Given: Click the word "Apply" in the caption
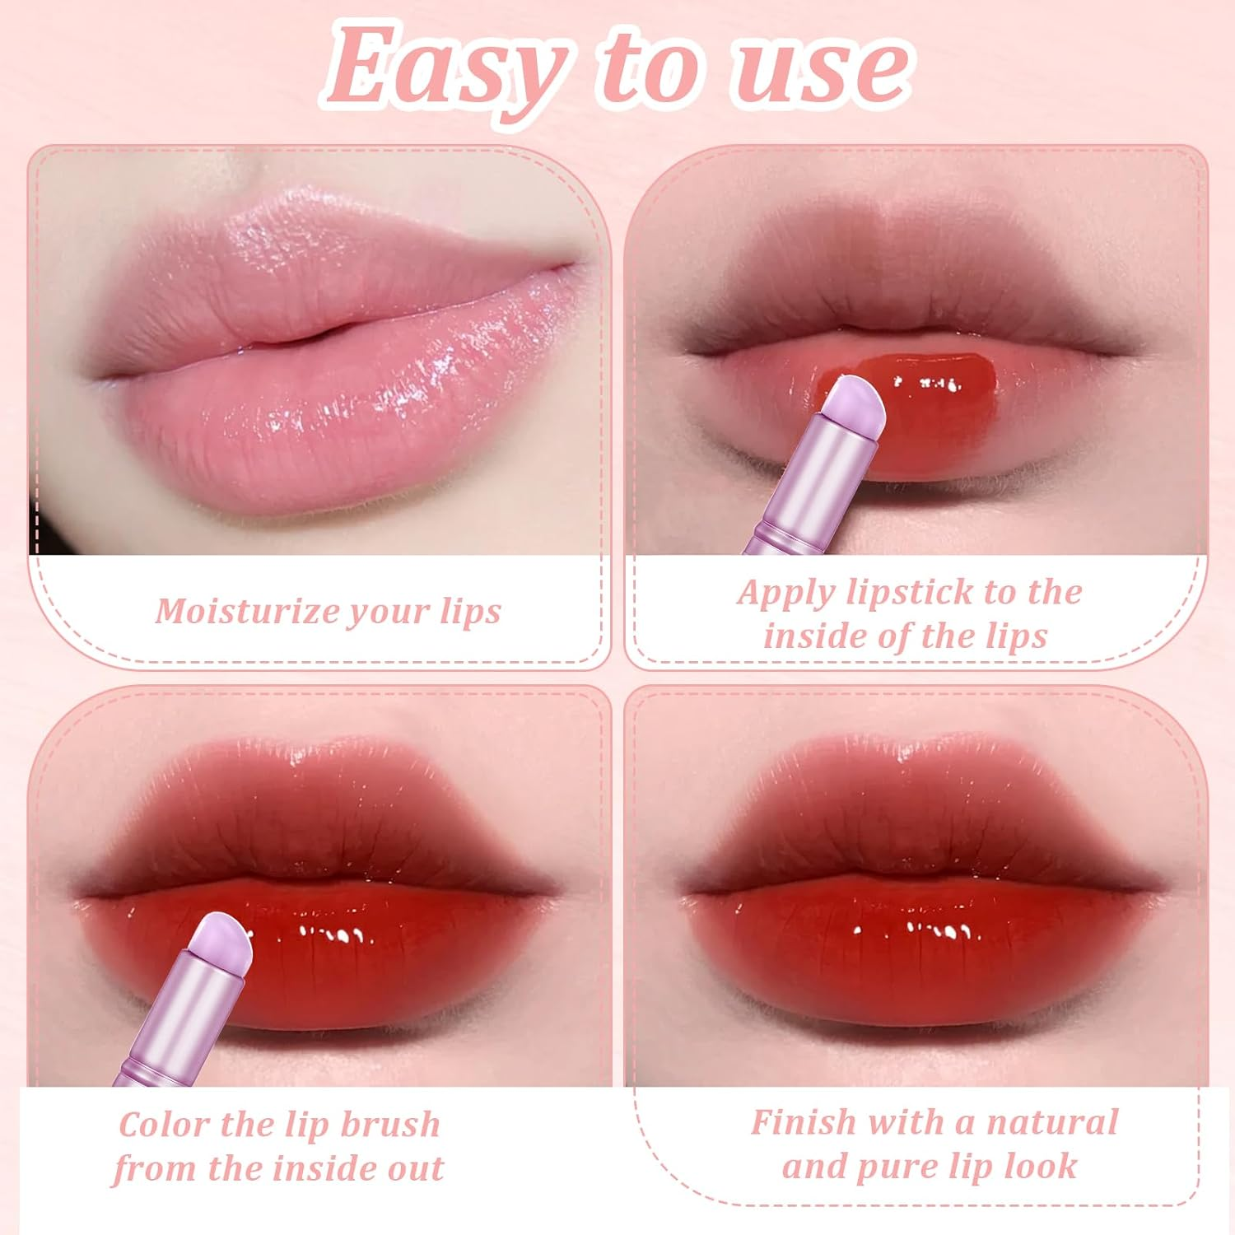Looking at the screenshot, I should click(785, 594).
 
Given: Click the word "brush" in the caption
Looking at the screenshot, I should click(390, 1125).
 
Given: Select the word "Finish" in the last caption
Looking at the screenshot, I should click(804, 1122).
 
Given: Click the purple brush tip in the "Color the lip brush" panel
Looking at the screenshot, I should click(221, 939).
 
